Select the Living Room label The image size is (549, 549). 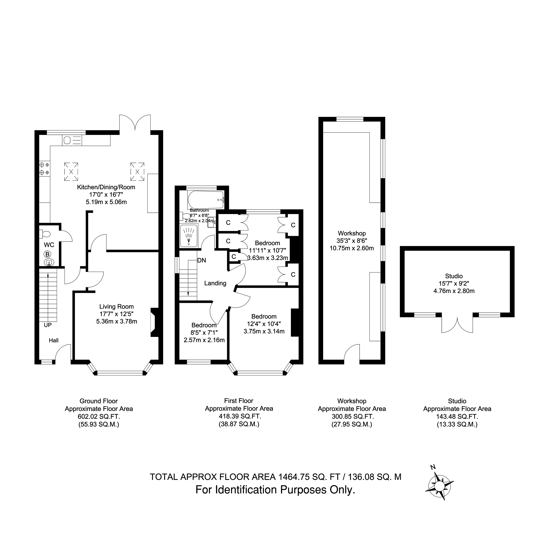(116, 307)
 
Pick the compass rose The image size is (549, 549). (439, 486)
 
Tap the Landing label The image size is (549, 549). (215, 283)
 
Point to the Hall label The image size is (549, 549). (54, 340)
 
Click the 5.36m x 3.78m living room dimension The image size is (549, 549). (116, 321)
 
